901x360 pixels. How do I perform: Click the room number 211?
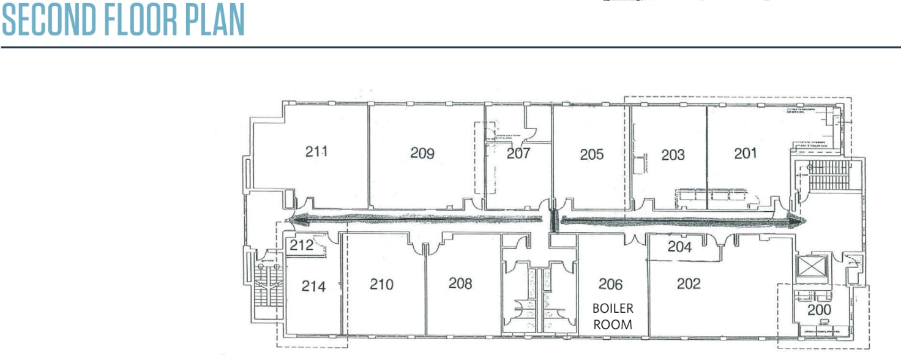click(x=317, y=151)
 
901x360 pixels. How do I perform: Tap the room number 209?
click(x=422, y=153)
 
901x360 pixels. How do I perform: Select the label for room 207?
click(x=518, y=153)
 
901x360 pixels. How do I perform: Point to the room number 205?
click(x=592, y=154)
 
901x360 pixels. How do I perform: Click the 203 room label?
click(x=673, y=155)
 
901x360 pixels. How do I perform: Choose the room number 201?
click(x=746, y=154)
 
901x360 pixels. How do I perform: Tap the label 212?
click(x=301, y=246)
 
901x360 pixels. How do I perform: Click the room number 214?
click(x=313, y=286)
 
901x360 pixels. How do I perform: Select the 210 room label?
click(x=382, y=284)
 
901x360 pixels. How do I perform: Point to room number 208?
click(x=460, y=283)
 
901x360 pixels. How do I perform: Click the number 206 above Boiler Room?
click(x=611, y=284)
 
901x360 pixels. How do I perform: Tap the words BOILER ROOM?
click(x=613, y=316)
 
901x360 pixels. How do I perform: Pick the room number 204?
click(x=679, y=247)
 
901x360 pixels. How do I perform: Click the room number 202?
click(x=689, y=284)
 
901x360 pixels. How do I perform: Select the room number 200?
click(x=819, y=310)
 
